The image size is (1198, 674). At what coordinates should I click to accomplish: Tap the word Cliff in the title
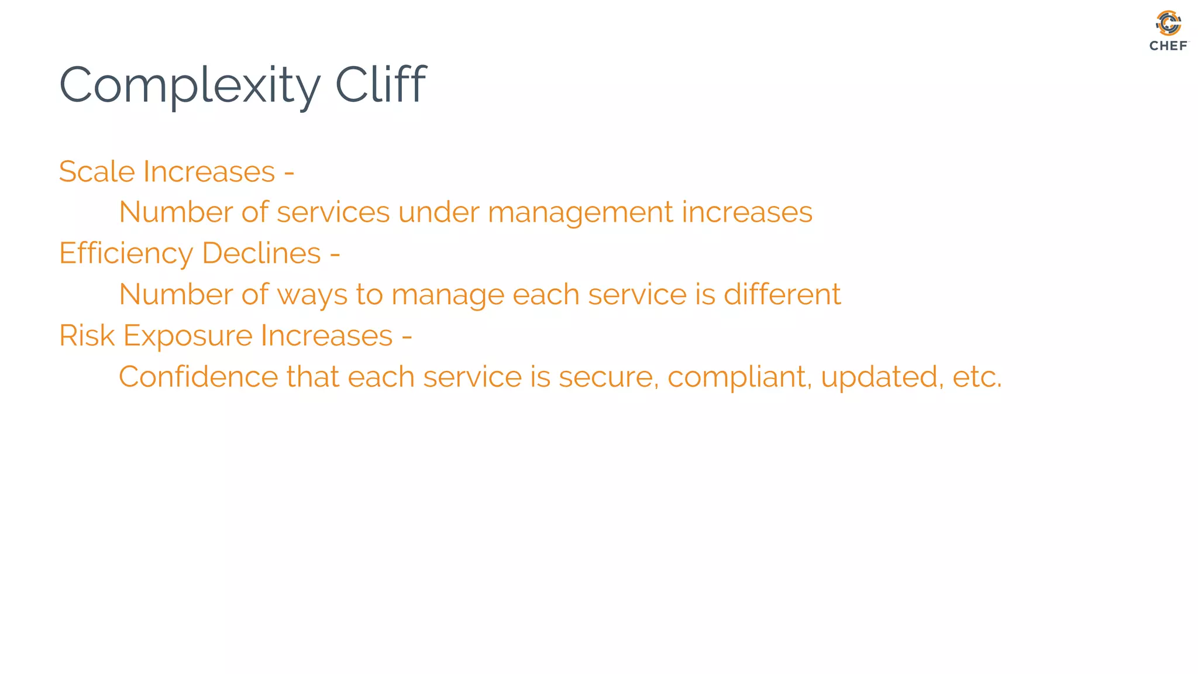(x=381, y=85)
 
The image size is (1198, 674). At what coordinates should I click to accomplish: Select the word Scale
(x=97, y=171)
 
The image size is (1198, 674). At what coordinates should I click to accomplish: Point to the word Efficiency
(x=126, y=254)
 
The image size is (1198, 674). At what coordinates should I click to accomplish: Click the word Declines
(x=261, y=253)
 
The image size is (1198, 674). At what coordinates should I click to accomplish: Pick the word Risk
(x=87, y=335)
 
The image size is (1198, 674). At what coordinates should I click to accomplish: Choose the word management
(x=580, y=212)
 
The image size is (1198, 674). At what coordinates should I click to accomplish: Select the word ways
(x=312, y=295)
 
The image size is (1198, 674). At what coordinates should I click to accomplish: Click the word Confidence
(x=198, y=376)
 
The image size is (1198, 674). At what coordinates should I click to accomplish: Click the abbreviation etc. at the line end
(x=977, y=377)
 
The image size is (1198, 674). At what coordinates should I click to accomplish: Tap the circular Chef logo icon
(x=1168, y=23)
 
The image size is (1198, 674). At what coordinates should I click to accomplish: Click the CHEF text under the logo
(x=1168, y=46)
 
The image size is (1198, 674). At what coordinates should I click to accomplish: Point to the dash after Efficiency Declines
(x=335, y=255)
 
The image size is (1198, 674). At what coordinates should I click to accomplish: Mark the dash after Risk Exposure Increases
(x=407, y=336)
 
